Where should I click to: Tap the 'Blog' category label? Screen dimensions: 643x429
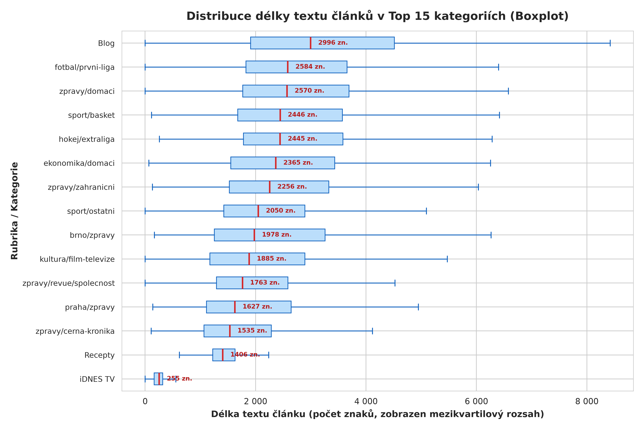click(106, 43)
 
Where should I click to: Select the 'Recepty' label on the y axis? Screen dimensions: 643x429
click(99, 355)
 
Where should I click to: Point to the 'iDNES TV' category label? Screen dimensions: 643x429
click(97, 379)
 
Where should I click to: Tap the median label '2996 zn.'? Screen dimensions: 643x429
click(333, 43)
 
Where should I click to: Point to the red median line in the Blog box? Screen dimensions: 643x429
click(311, 43)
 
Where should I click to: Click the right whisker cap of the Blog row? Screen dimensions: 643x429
click(610, 43)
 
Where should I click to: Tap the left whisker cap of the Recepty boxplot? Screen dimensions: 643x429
click(179, 355)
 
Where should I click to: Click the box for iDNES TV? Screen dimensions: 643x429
click(158, 379)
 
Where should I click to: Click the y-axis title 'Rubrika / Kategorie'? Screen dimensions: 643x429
click(14, 211)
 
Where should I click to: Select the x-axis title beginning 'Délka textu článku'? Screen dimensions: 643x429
click(377, 414)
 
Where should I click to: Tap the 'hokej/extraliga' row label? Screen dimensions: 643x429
click(87, 139)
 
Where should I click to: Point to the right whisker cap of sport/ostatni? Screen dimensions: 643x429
click(426, 211)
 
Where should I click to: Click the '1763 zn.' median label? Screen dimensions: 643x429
click(265, 283)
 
